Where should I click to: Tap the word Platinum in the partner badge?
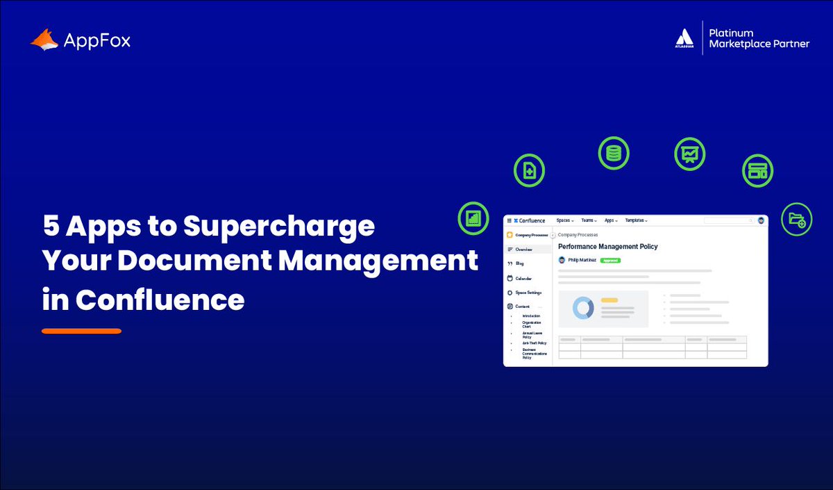point(731,33)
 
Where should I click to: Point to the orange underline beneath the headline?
point(81,331)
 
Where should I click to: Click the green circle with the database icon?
point(614,154)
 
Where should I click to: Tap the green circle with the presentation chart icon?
point(690,154)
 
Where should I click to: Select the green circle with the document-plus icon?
point(530,171)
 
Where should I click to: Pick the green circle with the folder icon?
point(796,219)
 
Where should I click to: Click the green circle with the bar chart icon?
point(473,218)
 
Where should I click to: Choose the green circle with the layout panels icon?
point(757,171)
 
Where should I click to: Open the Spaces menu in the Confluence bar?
point(565,220)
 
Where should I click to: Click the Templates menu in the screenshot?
point(636,220)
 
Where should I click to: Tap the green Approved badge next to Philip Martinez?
point(610,260)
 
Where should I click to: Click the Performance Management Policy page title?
point(607,247)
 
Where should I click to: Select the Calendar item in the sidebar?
point(523,278)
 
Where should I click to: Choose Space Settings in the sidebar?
point(528,293)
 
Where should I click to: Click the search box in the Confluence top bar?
point(728,220)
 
